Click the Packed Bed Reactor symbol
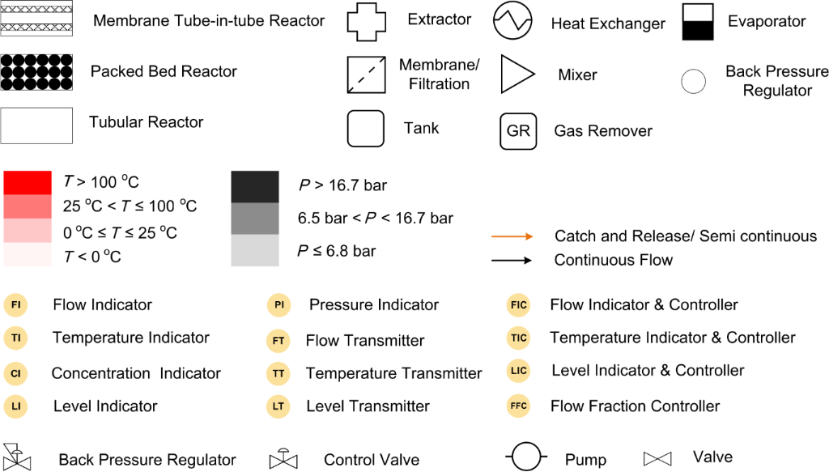tap(36, 72)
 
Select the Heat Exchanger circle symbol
tap(512, 21)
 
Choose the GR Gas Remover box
tap(518, 130)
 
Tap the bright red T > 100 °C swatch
tap(27, 182)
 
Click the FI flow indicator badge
tap(16, 305)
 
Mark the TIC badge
tap(519, 338)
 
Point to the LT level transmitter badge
tap(278, 406)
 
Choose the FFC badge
tap(519, 406)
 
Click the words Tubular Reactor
tap(146, 123)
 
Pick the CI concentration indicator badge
tap(16, 373)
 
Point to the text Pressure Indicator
tap(374, 305)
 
